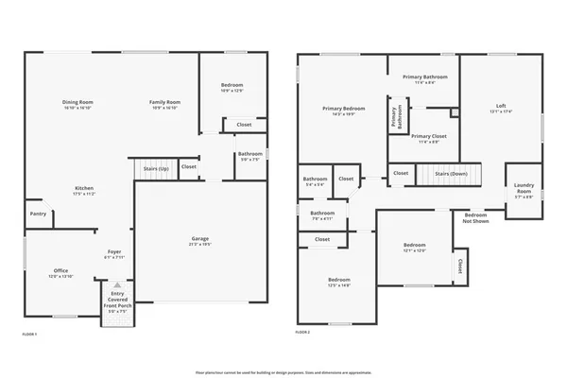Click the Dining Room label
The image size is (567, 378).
(78, 104)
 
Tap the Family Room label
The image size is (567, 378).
(164, 104)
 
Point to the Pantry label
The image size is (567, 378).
(39, 214)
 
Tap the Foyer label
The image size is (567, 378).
(113, 253)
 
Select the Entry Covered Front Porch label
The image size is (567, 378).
(117, 300)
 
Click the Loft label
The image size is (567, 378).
(501, 108)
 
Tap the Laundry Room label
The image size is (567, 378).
(524, 193)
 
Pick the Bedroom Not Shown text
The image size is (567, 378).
(475, 217)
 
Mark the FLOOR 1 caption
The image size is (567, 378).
(29, 334)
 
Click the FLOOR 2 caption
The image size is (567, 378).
(302, 334)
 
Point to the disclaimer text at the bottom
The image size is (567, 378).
(283, 371)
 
